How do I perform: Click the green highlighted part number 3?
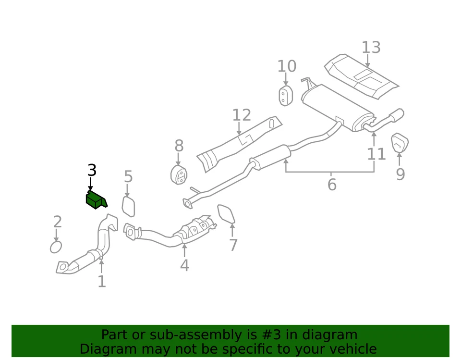tap(96, 200)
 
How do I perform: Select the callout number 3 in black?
tap(92, 170)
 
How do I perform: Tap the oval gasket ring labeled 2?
tap(56, 247)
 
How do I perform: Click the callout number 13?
tap(371, 48)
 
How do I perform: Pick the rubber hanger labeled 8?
tap(179, 175)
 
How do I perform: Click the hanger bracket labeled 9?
tap(400, 143)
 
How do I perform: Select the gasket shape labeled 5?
tap(128, 206)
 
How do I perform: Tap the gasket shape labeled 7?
tap(226, 214)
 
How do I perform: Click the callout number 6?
tap(332, 184)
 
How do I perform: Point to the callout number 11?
tap(376, 154)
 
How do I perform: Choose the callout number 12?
tap(242, 115)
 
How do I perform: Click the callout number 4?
tap(184, 265)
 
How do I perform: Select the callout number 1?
tap(101, 281)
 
